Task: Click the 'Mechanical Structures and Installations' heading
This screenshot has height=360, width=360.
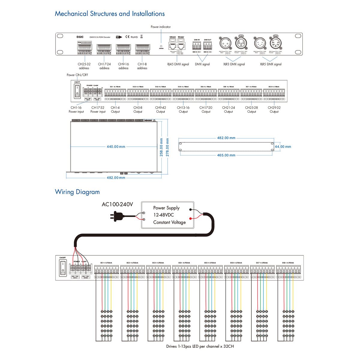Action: pyautogui.click(x=109, y=14)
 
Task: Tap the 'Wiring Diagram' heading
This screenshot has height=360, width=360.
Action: pyautogui.click(x=77, y=192)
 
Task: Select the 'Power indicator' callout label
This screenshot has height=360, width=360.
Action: pyautogui.click(x=160, y=27)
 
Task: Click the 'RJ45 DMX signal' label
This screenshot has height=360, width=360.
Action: pyautogui.click(x=178, y=64)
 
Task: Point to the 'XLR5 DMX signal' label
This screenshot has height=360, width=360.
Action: pyautogui.click(x=271, y=64)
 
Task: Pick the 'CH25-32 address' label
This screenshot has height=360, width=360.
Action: pyautogui.click(x=84, y=66)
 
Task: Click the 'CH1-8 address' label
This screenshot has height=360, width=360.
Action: pyautogui.click(x=142, y=66)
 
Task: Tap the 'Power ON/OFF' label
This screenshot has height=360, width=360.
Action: pyautogui.click(x=77, y=75)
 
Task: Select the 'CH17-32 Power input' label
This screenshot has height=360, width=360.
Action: pyautogui.click(x=98, y=109)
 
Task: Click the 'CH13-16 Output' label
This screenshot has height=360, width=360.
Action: pyautogui.click(x=183, y=109)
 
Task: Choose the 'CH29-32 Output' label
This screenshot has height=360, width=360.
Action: pyautogui.click(x=274, y=109)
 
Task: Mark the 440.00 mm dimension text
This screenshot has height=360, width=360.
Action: pyautogui.click(x=116, y=147)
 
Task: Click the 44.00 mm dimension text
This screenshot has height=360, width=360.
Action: pyautogui.click(x=283, y=147)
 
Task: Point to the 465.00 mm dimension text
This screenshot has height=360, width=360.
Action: pyautogui.click(x=226, y=155)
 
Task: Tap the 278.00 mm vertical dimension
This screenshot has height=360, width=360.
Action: pyautogui.click(x=167, y=147)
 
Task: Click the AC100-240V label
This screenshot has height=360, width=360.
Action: pyautogui.click(x=117, y=205)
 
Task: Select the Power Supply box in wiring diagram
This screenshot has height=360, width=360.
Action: pyautogui.click(x=168, y=215)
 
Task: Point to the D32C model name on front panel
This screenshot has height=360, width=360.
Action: pyautogui.click(x=80, y=37)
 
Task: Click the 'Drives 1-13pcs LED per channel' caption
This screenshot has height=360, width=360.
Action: pyautogui.click(x=200, y=346)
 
